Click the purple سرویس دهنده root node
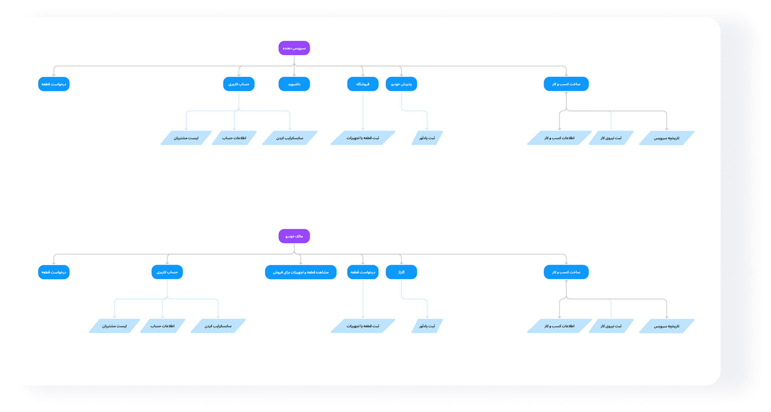tap(294, 48)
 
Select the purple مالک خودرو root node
tap(294, 236)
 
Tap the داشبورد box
tap(294, 84)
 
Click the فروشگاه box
tap(363, 84)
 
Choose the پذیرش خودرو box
tap(401, 84)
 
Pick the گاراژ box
tap(401, 272)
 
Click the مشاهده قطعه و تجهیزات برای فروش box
tap(301, 272)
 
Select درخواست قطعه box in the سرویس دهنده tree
tap(54, 84)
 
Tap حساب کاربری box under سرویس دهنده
tap(239, 84)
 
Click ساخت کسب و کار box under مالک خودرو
tap(566, 272)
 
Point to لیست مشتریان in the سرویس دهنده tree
tap(186, 138)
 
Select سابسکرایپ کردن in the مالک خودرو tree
tap(218, 326)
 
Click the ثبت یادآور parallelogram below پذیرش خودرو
tap(427, 138)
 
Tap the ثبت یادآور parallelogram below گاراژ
tap(427, 326)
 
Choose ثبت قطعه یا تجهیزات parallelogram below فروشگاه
tap(363, 138)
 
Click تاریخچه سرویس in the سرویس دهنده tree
tap(667, 138)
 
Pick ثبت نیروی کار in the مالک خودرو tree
tap(611, 326)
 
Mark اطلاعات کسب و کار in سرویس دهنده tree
tap(559, 138)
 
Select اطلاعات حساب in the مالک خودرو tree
tap(162, 326)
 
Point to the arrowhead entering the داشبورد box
tap(294, 75)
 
